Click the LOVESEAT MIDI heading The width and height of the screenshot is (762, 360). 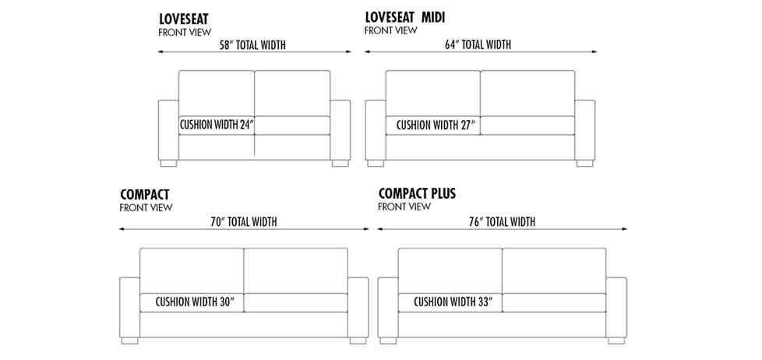(x=405, y=17)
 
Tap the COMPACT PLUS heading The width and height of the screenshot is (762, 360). (x=417, y=193)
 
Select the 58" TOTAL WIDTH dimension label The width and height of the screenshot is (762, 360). (x=252, y=45)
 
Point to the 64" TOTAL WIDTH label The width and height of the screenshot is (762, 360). (x=478, y=44)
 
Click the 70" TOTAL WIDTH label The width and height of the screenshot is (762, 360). (x=243, y=222)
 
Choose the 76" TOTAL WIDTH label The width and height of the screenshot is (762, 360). (x=502, y=222)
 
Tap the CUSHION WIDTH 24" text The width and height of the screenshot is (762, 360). (x=217, y=125)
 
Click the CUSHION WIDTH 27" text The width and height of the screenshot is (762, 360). (x=436, y=125)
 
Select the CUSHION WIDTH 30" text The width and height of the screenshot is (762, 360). (x=195, y=302)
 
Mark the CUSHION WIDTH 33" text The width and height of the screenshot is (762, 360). (x=453, y=302)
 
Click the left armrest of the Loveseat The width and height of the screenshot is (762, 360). (x=168, y=129)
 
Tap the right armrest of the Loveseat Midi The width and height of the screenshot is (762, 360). (x=584, y=129)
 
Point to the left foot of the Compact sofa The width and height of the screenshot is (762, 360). (x=130, y=341)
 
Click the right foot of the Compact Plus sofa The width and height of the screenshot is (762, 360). (x=616, y=341)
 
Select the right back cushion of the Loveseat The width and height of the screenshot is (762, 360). (x=292, y=94)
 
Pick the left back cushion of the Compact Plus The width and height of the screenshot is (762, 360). (x=450, y=270)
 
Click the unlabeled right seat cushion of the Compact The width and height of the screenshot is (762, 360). (x=295, y=302)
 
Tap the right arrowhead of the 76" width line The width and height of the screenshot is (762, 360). (x=624, y=229)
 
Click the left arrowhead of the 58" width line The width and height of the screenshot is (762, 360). (x=161, y=51)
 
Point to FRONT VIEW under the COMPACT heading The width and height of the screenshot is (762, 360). (x=146, y=207)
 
